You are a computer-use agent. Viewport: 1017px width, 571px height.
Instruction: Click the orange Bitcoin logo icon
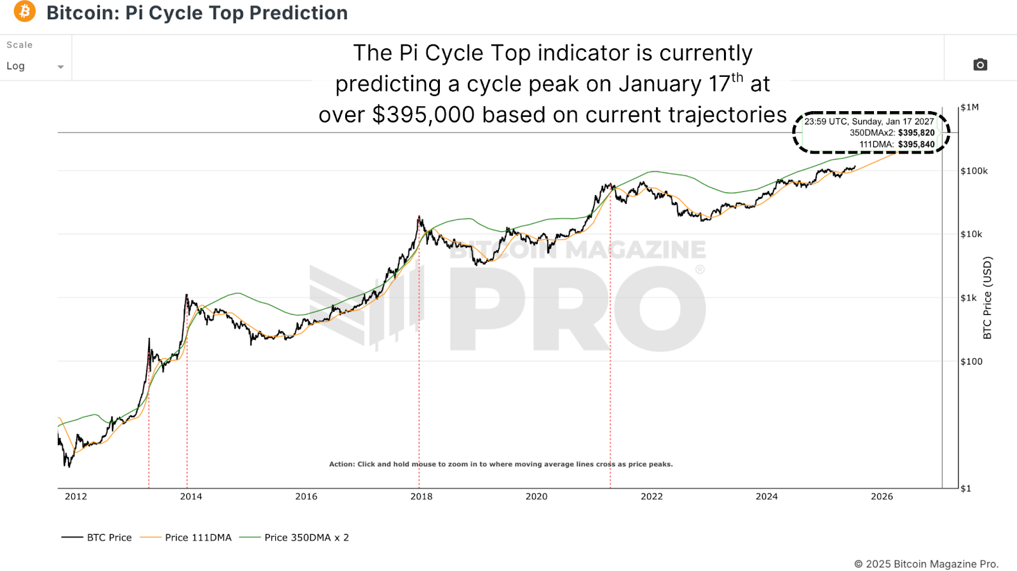25,11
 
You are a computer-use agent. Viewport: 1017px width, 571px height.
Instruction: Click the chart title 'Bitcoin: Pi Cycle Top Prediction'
197,13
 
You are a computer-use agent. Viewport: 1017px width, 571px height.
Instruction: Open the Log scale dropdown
35,66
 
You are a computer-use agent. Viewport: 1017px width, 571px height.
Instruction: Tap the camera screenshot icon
980,65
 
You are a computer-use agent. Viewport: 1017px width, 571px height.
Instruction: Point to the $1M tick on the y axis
969,107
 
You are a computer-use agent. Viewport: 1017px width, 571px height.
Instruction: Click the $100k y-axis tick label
974,171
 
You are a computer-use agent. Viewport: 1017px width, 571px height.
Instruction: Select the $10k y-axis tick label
971,234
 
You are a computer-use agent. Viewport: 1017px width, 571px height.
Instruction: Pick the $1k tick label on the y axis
969,298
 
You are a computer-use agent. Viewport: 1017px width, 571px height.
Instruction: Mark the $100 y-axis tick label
971,361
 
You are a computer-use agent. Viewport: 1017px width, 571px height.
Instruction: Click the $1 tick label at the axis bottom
966,488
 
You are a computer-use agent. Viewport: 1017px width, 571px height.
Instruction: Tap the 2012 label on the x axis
76,497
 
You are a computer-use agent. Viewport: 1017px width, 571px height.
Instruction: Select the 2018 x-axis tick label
421,497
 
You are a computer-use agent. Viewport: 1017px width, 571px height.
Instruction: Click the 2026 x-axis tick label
882,497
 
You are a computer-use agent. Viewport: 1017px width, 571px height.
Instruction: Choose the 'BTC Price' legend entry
109,537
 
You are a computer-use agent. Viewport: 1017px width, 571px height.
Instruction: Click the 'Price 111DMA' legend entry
198,537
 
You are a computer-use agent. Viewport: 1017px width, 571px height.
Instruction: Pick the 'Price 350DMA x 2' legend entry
306,537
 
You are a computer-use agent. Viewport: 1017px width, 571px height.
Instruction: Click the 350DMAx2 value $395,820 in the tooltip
916,133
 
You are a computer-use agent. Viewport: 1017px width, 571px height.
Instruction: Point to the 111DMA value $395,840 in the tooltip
916,144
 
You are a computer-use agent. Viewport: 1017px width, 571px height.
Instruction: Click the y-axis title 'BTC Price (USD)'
987,297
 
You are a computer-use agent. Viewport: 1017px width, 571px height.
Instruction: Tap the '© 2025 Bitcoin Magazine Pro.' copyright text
926,564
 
